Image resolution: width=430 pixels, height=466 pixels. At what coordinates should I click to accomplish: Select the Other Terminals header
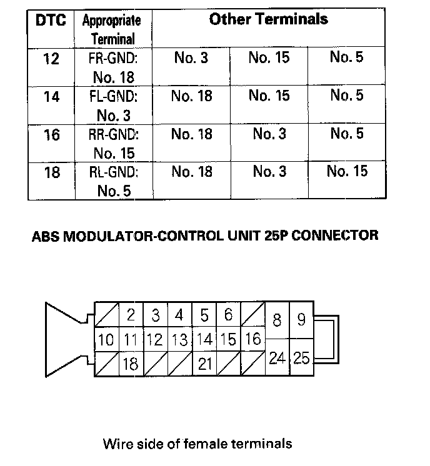pyautogui.click(x=268, y=19)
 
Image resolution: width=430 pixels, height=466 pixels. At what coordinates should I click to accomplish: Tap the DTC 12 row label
pyautogui.click(x=51, y=60)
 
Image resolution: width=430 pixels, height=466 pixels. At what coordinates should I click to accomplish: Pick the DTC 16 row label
pyautogui.click(x=51, y=135)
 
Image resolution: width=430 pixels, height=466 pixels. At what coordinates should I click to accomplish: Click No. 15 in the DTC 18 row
pyautogui.click(x=347, y=172)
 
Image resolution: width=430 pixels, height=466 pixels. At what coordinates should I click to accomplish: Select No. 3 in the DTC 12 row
pyautogui.click(x=191, y=59)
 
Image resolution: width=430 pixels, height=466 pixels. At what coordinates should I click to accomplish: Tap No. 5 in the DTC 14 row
pyautogui.click(x=347, y=96)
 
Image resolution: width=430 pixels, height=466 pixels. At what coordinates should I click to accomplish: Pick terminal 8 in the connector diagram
pyautogui.click(x=277, y=321)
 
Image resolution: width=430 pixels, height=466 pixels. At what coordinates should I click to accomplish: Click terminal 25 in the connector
pyautogui.click(x=301, y=358)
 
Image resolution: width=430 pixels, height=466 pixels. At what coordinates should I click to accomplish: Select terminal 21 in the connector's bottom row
pyautogui.click(x=205, y=364)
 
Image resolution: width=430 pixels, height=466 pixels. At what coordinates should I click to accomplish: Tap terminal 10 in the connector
pyautogui.click(x=106, y=340)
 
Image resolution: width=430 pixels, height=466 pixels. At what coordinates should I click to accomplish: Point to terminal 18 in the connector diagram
pyautogui.click(x=131, y=364)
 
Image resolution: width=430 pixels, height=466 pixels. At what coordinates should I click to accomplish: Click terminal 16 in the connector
pyautogui.click(x=252, y=340)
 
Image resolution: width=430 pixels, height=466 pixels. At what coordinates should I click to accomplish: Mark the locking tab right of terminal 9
pyautogui.click(x=329, y=339)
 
